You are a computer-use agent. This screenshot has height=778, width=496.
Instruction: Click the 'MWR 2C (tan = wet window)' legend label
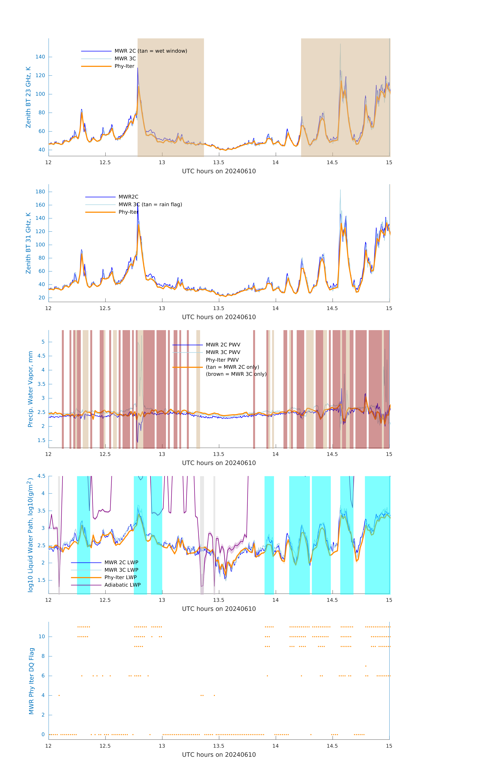tap(151, 51)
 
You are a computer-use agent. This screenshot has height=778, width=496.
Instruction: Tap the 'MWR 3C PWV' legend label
tap(223, 352)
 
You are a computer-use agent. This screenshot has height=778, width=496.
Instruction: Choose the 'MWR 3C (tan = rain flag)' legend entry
tap(150, 204)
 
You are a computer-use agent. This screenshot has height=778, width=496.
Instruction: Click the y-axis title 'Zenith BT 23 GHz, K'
tap(28, 97)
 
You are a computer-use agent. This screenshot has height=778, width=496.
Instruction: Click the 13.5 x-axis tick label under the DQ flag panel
tap(218, 746)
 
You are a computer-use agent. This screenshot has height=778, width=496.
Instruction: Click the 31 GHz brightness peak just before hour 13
tap(138, 204)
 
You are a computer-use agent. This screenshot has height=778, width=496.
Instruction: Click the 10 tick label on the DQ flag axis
tap(42, 637)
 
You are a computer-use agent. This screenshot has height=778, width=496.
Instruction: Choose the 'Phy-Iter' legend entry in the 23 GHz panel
tap(124, 66)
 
